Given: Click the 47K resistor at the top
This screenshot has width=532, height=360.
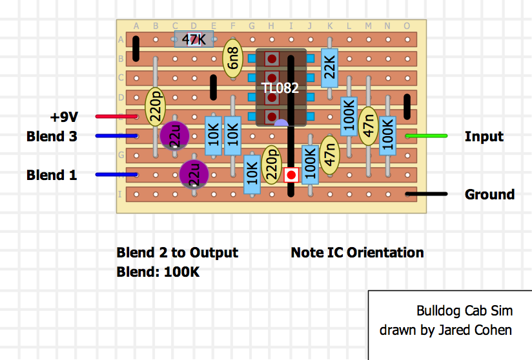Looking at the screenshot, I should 194,39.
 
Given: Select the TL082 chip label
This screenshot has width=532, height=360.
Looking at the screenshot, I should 280,88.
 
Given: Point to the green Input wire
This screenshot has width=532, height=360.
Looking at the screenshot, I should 426,136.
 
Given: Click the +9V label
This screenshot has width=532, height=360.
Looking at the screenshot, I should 64,117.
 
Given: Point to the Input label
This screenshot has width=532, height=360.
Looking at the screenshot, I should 484,137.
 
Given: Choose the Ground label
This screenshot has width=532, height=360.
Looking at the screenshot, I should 489,194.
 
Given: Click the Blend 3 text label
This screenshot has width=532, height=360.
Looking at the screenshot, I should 52,137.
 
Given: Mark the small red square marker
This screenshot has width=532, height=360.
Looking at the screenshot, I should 291,175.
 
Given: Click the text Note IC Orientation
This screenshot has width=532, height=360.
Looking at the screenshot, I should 357,252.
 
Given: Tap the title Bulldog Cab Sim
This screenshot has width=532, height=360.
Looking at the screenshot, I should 464,311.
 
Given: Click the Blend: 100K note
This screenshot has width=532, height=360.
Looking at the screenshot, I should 158,272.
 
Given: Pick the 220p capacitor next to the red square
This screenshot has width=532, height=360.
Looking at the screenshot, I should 272,165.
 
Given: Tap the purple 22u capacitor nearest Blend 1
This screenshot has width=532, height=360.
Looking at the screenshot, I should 194,174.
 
